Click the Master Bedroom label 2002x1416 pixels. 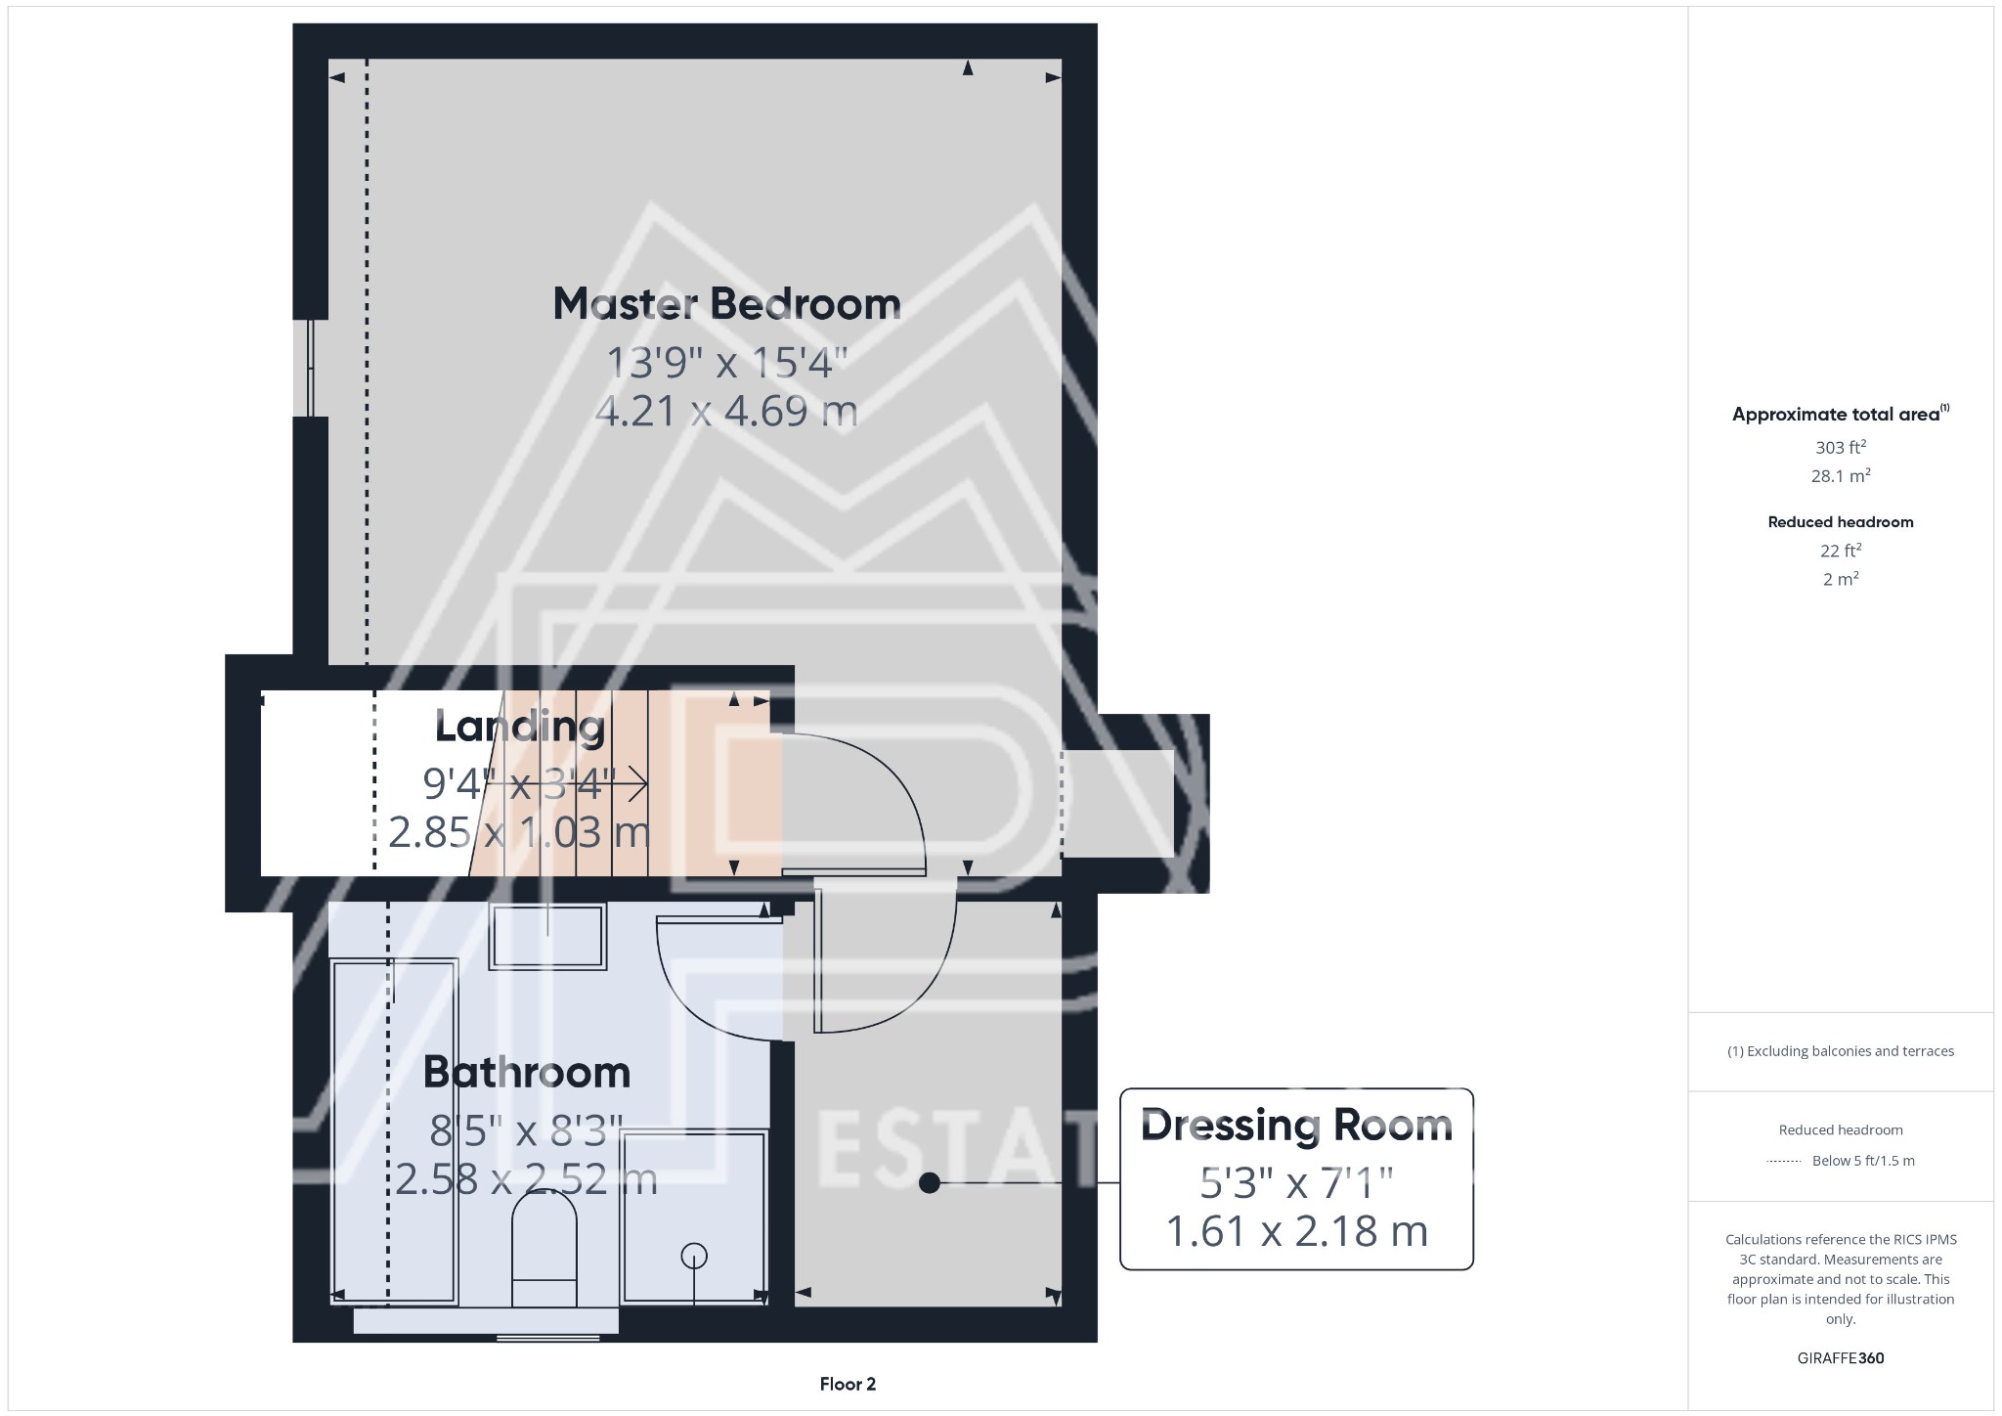click(x=726, y=304)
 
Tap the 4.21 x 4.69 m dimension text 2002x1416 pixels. click(x=726, y=411)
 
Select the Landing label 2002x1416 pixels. click(x=520, y=727)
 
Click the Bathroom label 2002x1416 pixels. click(x=527, y=1073)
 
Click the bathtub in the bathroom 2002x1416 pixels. click(x=394, y=1130)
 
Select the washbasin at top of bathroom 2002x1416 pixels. click(x=547, y=937)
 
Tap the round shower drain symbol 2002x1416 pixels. click(x=694, y=1255)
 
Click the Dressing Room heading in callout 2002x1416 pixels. click(x=1296, y=1126)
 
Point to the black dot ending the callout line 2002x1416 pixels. click(x=930, y=1183)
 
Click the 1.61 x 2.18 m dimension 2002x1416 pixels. click(x=1296, y=1231)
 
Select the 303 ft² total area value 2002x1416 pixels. click(x=1840, y=448)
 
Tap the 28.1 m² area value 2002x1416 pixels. click(x=1840, y=476)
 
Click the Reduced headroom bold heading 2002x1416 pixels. click(x=1840, y=522)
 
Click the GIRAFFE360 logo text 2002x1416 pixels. click(x=1840, y=1358)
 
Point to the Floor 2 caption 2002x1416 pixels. click(x=848, y=1384)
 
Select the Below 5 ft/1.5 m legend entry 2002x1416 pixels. click(x=1862, y=1161)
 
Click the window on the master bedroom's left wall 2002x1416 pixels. click(x=311, y=368)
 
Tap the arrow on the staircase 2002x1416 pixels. click(x=634, y=783)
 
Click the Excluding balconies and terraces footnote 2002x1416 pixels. click(x=1840, y=1051)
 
